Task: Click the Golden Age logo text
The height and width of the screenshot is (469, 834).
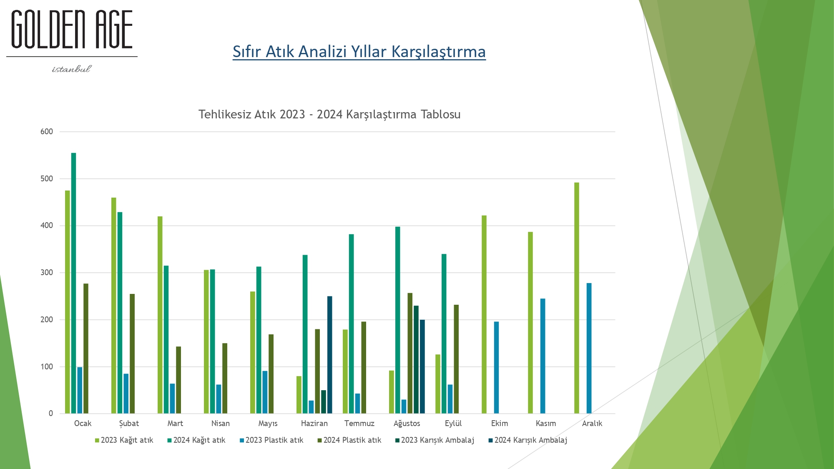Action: tap(72, 30)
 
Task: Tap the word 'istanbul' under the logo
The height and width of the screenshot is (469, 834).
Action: tap(71, 69)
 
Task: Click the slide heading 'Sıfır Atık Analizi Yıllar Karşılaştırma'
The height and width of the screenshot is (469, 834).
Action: tap(359, 52)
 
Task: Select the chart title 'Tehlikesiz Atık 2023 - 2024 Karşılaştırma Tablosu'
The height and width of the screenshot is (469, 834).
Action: tap(329, 114)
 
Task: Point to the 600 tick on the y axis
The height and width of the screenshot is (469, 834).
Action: tap(47, 132)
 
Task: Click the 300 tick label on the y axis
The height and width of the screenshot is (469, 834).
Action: tap(47, 273)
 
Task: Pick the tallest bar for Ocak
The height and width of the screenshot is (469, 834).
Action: tap(73, 283)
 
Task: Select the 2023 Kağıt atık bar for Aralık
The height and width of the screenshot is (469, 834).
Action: tap(577, 298)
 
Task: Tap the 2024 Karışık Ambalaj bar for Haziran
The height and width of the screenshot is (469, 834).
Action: tap(330, 355)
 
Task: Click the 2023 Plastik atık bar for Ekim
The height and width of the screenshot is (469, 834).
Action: tap(496, 368)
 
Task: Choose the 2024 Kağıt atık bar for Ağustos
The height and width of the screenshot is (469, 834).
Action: tap(398, 320)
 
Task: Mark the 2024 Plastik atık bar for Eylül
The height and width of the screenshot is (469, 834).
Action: tap(456, 359)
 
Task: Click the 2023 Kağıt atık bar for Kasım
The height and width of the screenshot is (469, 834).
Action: tap(530, 323)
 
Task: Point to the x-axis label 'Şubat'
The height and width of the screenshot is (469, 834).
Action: tap(129, 424)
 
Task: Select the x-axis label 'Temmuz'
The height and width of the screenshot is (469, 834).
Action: tap(359, 424)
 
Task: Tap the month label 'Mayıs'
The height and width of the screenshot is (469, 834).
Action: tap(268, 424)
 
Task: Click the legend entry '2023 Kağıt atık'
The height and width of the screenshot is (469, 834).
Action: tap(124, 440)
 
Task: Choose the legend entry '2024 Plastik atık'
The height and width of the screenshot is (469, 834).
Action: tap(349, 440)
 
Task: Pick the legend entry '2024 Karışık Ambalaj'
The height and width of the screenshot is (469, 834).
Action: tap(528, 440)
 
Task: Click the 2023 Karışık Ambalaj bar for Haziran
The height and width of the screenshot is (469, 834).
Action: tap(324, 402)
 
